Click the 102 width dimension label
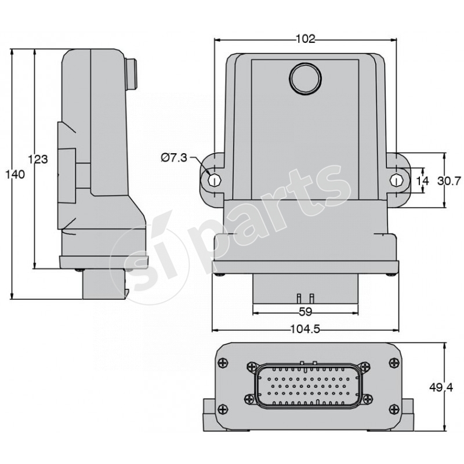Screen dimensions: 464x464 (305, 39)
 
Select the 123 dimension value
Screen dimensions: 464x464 (38, 159)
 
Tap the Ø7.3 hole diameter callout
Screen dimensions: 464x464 (174, 158)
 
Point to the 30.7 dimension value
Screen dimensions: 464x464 (448, 181)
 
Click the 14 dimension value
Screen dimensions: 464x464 (423, 181)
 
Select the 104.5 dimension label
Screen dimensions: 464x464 (305, 329)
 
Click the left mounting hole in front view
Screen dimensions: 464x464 (213, 180)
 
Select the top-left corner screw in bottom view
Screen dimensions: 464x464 (223, 364)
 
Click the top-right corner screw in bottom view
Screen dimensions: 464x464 (394, 364)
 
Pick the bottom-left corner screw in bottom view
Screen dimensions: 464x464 (223, 409)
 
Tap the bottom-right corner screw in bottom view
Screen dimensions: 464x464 (394, 409)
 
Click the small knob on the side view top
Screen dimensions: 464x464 (132, 72)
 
